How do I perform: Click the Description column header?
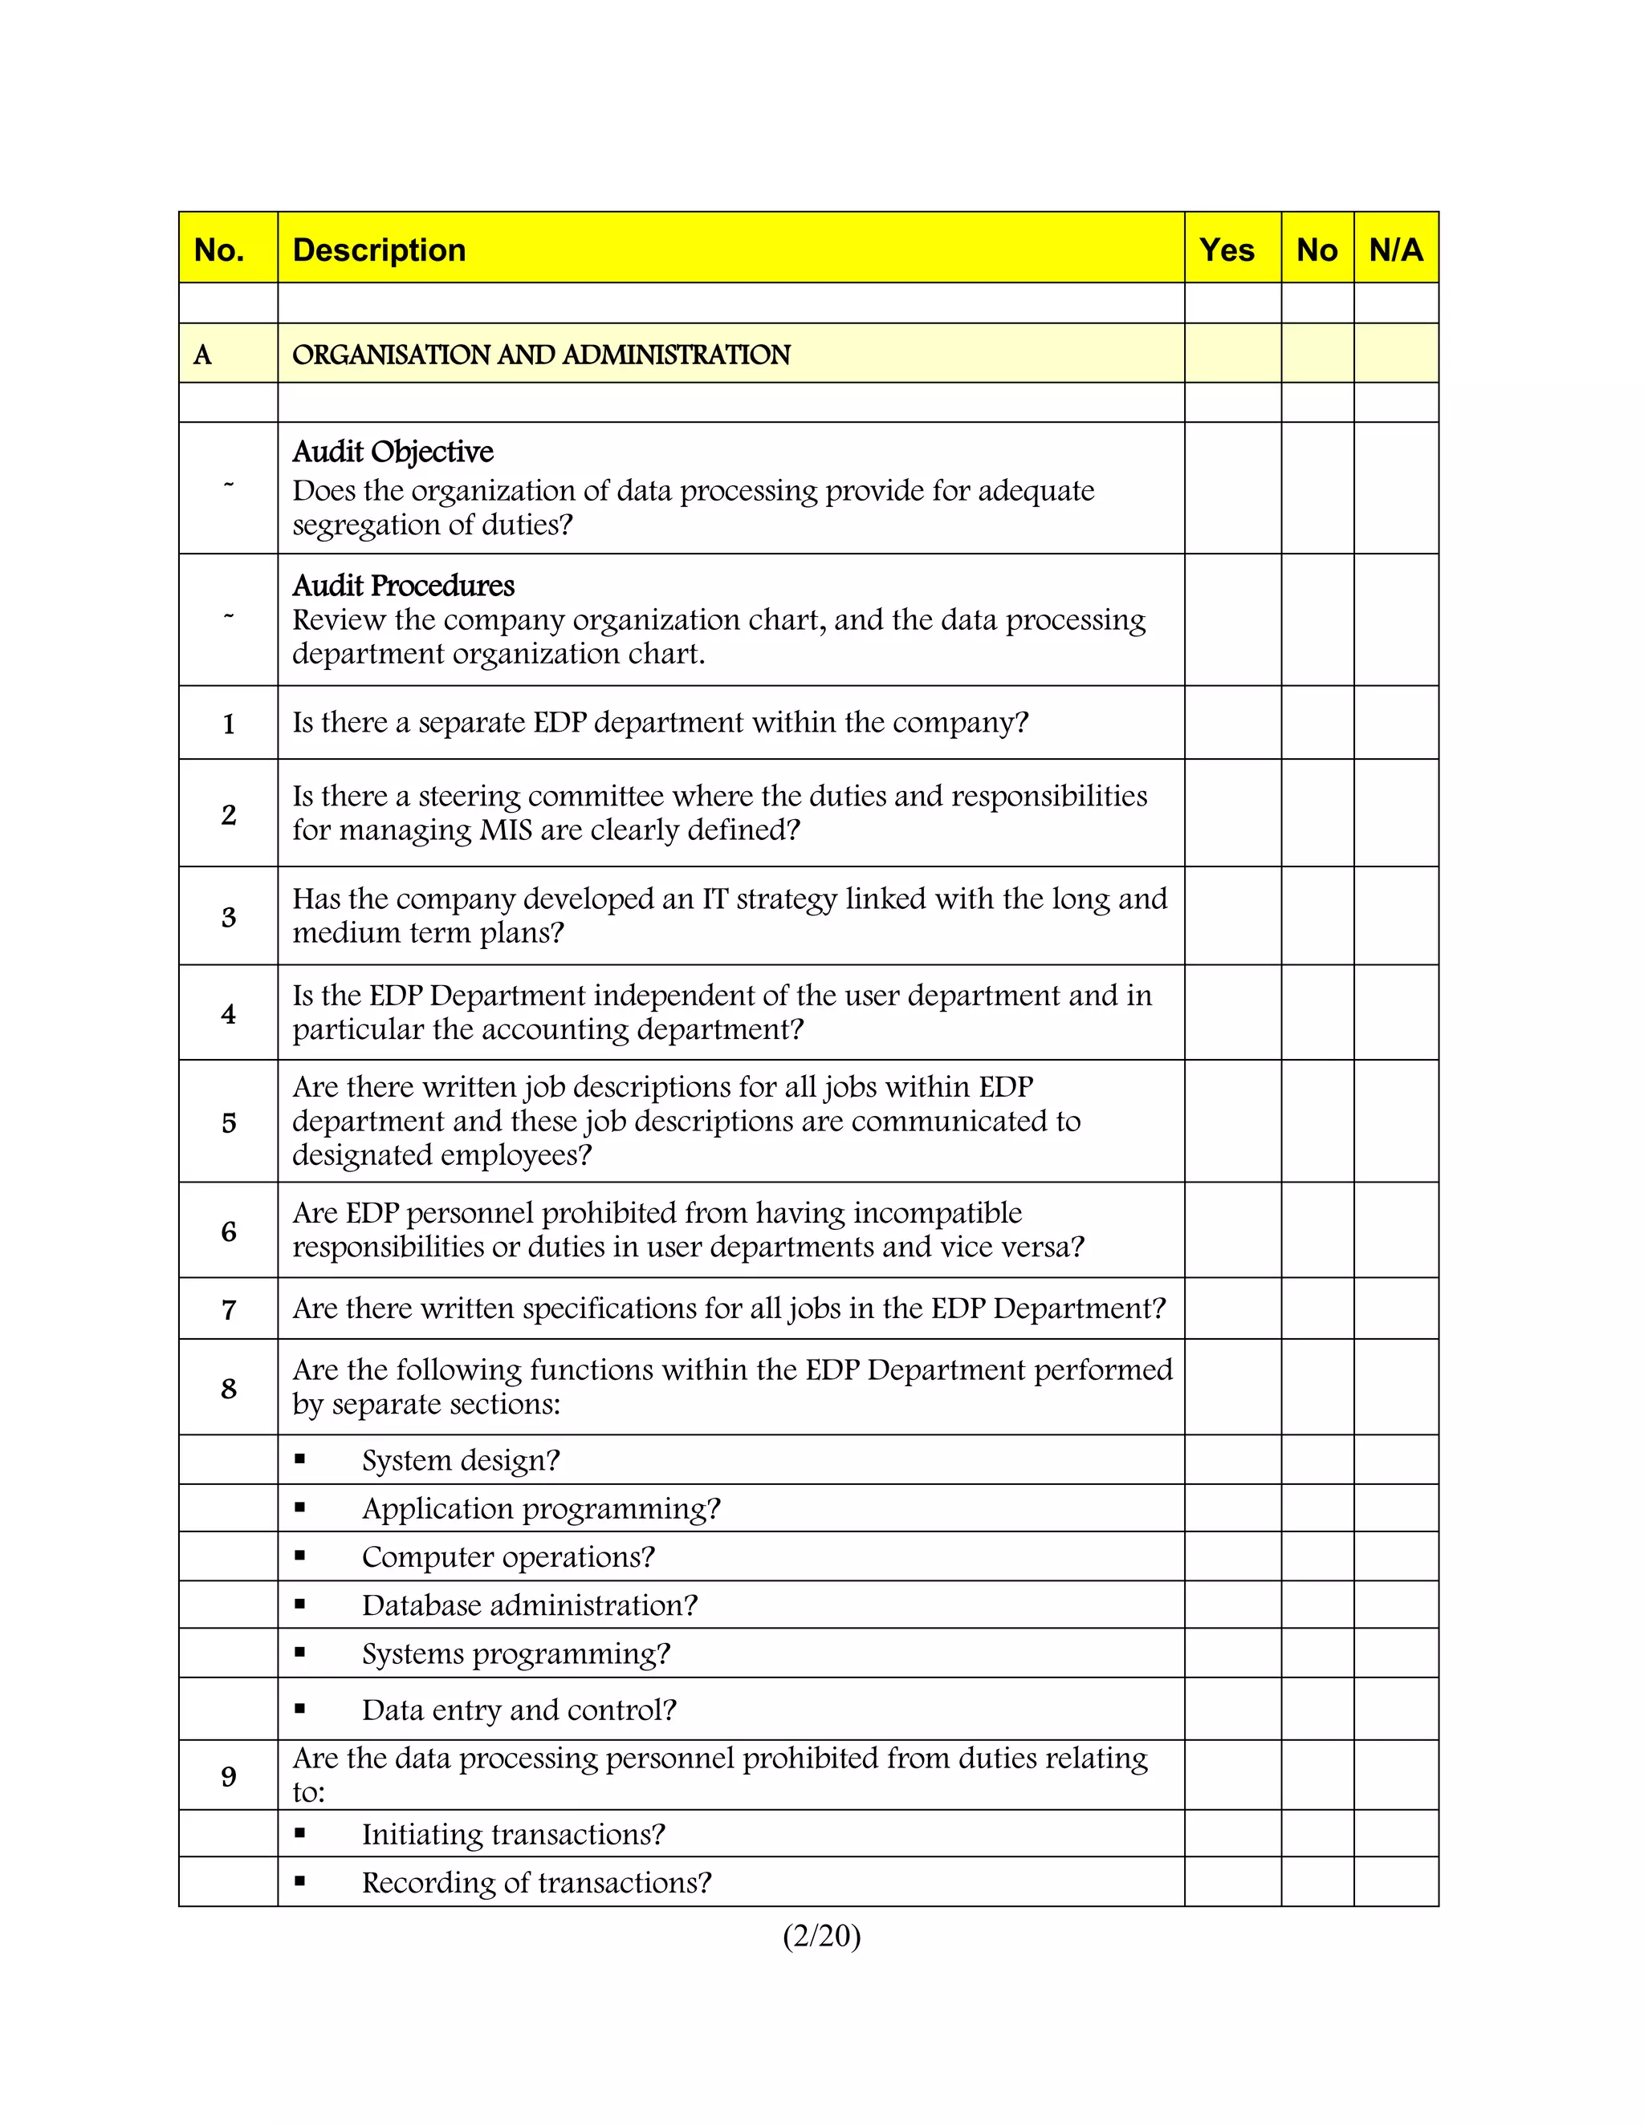coord(379,250)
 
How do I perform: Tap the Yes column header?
coord(1227,250)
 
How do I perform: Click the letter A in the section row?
coord(202,355)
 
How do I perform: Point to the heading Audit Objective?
coord(393,452)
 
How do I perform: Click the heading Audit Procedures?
coord(403,585)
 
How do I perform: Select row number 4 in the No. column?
coord(229,1014)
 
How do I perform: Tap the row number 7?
coord(229,1309)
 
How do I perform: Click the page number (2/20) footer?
coord(821,1935)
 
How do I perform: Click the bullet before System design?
coord(300,1459)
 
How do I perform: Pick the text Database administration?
coord(530,1605)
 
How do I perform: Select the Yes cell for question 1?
coord(1232,722)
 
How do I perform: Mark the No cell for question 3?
coord(1316,916)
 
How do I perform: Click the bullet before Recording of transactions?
coord(300,1881)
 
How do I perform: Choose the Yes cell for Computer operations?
coord(1232,1556)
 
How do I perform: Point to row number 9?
coord(229,1776)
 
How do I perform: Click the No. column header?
coord(219,250)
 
